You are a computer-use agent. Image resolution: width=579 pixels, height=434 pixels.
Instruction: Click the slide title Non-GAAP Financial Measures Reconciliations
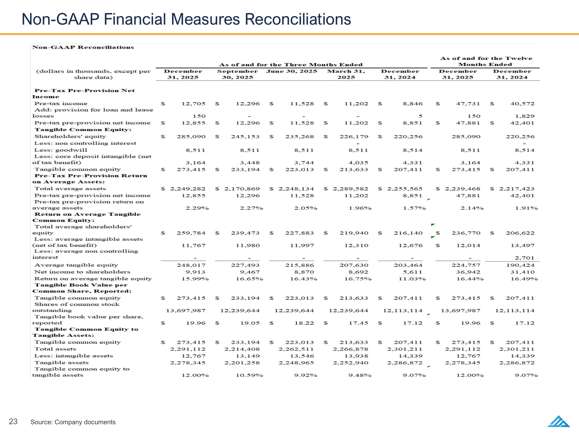[186, 19]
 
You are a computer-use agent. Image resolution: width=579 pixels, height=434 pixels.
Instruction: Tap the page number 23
[13, 421]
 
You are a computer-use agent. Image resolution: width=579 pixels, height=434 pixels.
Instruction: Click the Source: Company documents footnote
[73, 422]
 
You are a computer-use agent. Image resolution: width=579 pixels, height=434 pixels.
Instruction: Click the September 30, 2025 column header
[238, 74]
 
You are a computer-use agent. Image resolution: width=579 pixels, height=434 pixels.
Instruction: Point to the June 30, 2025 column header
[292, 71]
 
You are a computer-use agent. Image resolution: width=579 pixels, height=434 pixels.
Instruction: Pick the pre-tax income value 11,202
[356, 104]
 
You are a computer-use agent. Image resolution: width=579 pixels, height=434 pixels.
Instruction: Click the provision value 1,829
[525, 116]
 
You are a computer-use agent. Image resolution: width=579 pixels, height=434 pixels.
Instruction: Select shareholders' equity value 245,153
[245, 137]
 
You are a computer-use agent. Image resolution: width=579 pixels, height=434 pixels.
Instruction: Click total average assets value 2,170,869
[242, 189]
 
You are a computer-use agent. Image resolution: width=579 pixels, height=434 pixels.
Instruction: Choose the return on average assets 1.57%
[414, 208]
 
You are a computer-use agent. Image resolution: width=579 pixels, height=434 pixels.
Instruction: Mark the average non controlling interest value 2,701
[525, 258]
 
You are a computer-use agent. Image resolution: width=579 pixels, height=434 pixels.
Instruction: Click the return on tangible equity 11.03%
[412, 279]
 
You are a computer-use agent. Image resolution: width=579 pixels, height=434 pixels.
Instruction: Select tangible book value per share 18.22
[304, 323]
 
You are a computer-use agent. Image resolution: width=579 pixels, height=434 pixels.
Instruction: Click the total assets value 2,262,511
[296, 349]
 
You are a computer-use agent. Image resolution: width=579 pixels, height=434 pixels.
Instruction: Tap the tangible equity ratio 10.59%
[249, 375]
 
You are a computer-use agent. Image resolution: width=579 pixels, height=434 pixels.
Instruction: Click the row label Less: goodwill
[61, 150]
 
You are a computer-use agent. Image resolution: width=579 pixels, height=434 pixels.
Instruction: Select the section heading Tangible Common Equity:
[83, 130]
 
